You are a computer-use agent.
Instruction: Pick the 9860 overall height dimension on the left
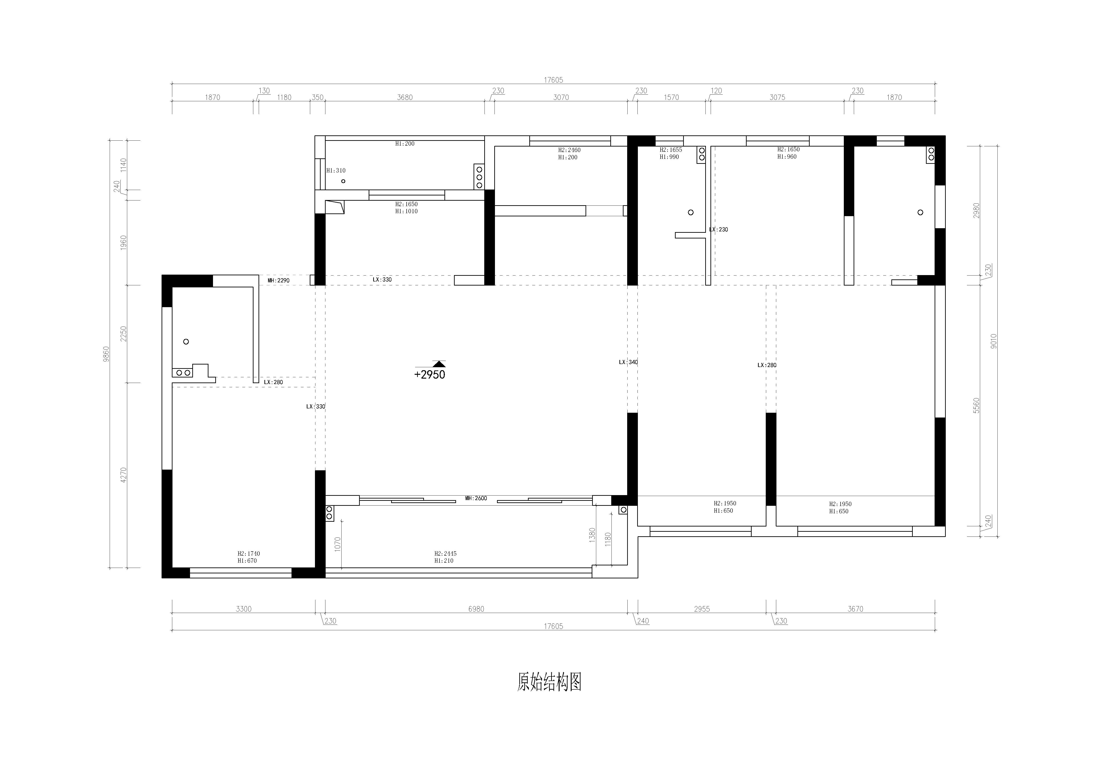click(107, 354)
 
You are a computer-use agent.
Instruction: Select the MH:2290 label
click(279, 280)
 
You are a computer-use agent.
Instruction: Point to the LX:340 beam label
click(628, 362)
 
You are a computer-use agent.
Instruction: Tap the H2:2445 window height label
click(445, 553)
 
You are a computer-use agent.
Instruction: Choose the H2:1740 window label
click(248, 553)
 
